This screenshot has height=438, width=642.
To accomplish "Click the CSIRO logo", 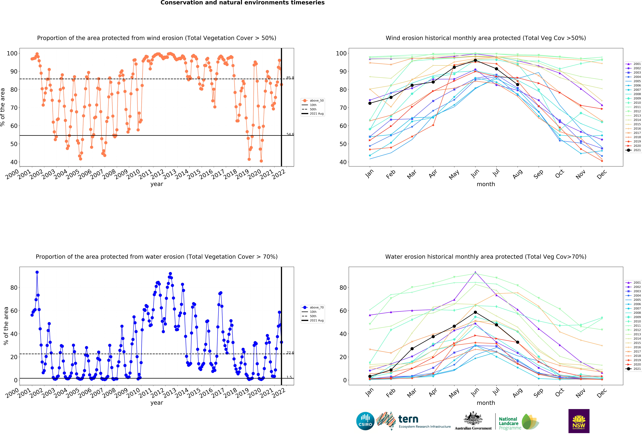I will [365, 421].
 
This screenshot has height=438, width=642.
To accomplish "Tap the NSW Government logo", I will [579, 421].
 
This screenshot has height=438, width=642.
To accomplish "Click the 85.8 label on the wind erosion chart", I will [290, 78].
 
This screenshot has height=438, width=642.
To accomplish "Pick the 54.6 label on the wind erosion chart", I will [290, 134].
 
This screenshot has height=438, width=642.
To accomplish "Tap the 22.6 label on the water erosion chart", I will [290, 353].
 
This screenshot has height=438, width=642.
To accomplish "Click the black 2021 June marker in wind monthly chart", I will [475, 60].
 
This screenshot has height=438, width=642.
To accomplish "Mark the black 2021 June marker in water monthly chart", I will [475, 312].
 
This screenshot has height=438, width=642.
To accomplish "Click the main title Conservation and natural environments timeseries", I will [243, 3].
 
